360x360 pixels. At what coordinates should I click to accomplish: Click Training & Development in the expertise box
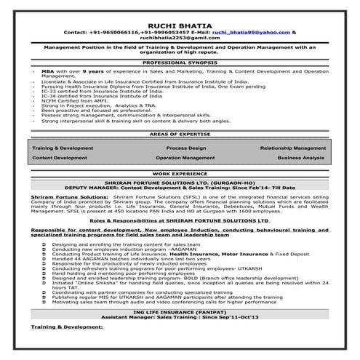point(63,148)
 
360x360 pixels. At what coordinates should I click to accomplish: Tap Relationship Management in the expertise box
point(292,148)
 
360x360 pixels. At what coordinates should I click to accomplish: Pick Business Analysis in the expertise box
point(300,157)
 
